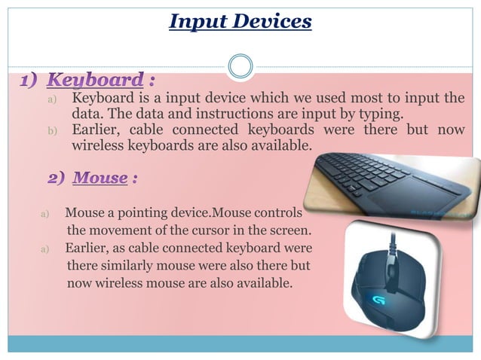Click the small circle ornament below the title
pos(240,67)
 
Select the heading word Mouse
pos(100,178)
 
